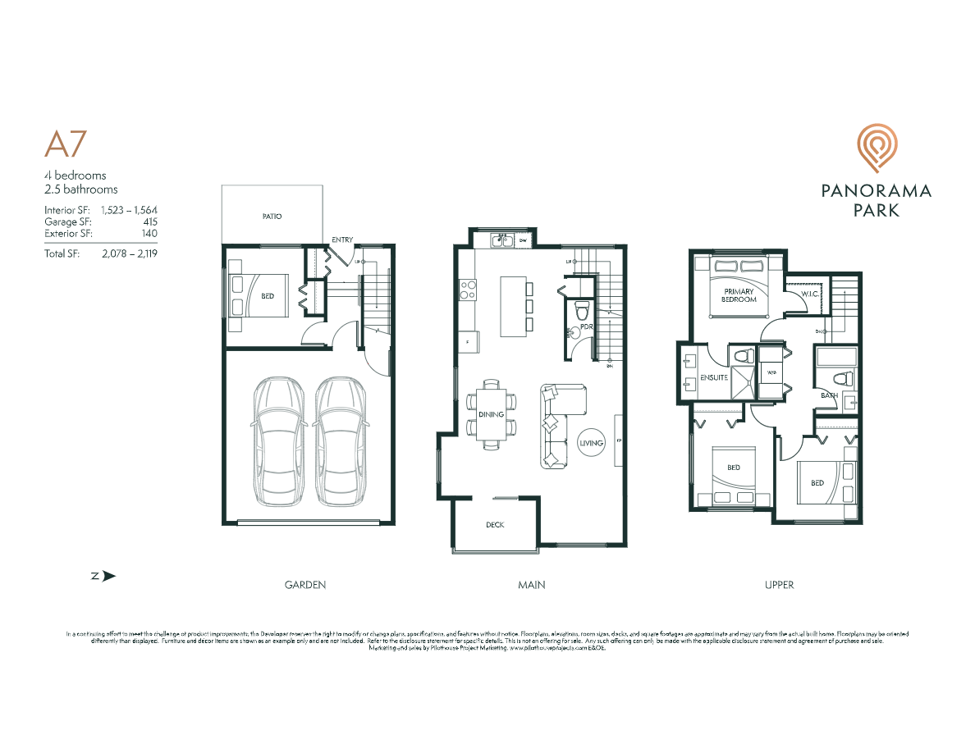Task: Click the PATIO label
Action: point(272,217)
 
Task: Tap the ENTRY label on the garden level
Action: point(342,240)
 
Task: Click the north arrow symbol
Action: point(103,576)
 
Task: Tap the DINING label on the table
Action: point(491,414)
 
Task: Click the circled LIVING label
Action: point(591,443)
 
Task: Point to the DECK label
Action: point(494,525)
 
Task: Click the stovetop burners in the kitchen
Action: point(468,289)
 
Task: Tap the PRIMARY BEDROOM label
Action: point(739,295)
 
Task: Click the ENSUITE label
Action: point(713,378)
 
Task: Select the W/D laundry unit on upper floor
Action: point(771,372)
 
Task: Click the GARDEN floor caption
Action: point(305,585)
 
